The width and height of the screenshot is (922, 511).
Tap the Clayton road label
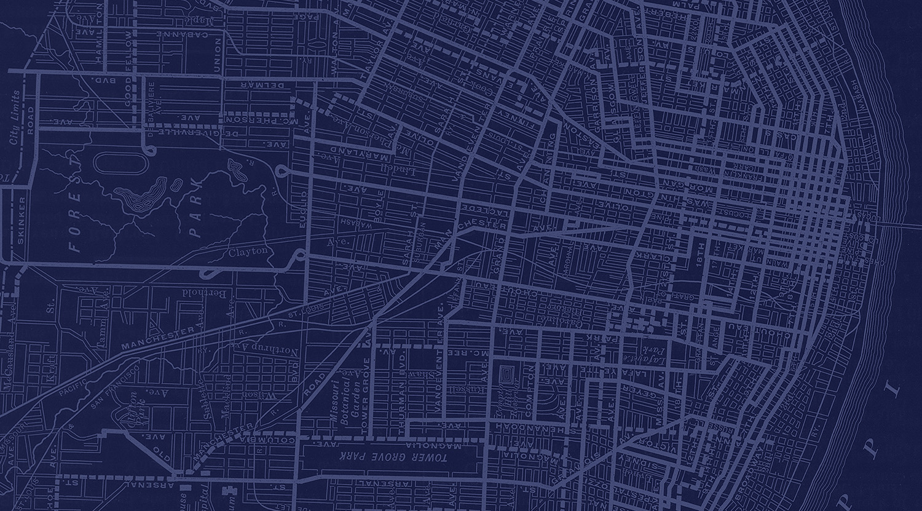pos(248,252)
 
